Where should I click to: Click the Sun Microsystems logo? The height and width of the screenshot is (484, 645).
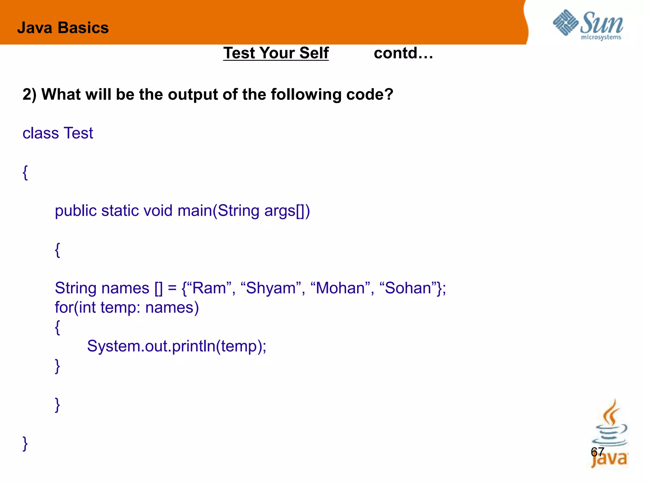(x=588, y=25)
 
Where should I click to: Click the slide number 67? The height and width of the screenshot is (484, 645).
(x=597, y=452)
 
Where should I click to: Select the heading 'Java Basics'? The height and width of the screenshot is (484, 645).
(x=63, y=28)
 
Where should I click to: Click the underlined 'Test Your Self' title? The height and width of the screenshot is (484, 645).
(x=276, y=53)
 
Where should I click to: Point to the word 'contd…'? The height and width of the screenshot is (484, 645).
(x=403, y=53)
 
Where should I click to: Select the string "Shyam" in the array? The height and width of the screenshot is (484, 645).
(x=271, y=288)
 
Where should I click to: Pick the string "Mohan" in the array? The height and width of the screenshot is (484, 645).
(x=340, y=288)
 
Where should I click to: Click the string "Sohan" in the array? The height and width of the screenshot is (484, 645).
(x=408, y=288)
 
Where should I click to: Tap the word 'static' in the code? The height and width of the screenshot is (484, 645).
(x=120, y=210)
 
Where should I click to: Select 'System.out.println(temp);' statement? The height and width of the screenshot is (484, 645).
(x=177, y=346)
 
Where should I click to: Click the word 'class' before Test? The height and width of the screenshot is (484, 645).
(x=41, y=133)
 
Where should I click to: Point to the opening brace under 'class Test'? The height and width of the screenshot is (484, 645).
(x=26, y=173)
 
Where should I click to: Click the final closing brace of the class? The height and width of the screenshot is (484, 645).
(x=26, y=444)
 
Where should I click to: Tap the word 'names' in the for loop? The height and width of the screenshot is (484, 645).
(x=172, y=308)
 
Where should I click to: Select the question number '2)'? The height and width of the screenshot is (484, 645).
(x=30, y=94)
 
